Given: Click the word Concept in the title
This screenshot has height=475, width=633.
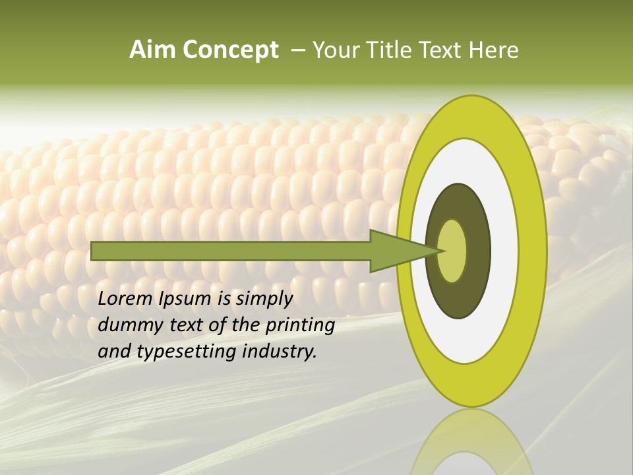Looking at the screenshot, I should pyautogui.click(x=230, y=50).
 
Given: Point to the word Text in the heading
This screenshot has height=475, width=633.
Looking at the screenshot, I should pyautogui.click(x=441, y=50).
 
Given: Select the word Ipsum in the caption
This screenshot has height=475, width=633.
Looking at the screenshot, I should pyautogui.click(x=188, y=300).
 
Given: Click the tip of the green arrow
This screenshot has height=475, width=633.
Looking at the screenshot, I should pyautogui.click(x=443, y=251).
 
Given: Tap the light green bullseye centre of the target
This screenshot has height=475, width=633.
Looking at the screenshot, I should pyautogui.click(x=452, y=251).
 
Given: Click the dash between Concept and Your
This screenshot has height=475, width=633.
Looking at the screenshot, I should pyautogui.click(x=298, y=50).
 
